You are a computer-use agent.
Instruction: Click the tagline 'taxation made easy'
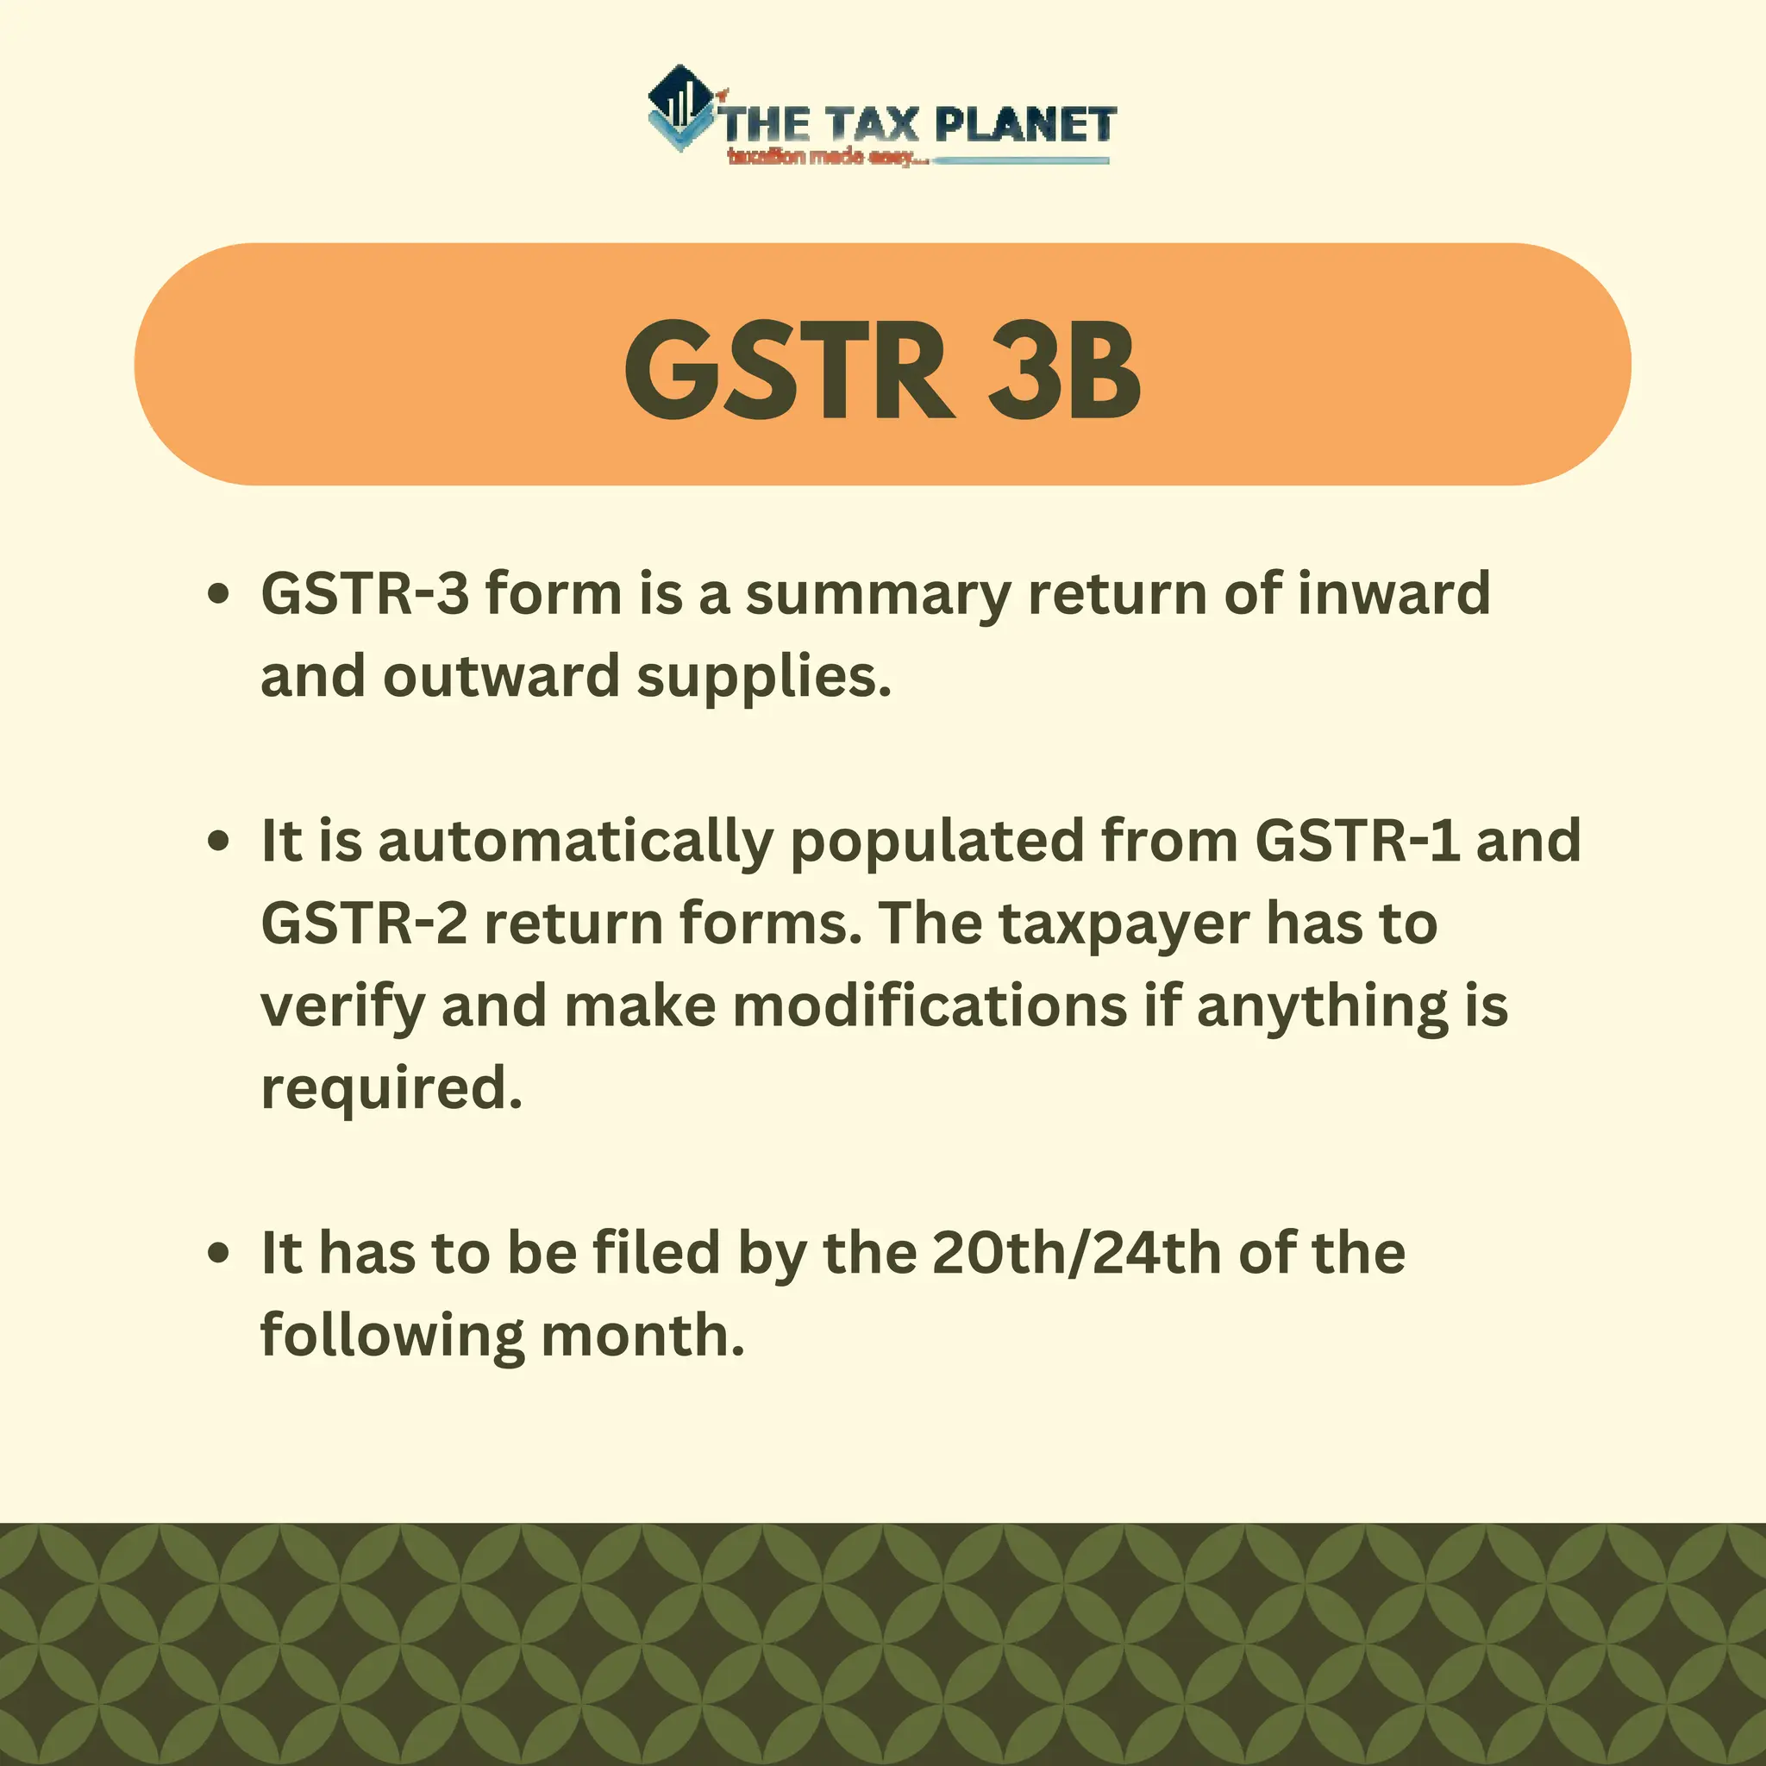(826, 157)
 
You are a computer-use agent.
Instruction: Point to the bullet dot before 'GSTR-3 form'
(217, 595)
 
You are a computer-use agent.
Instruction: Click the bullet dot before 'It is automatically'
(217, 841)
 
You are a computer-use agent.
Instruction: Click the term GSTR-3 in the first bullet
(365, 593)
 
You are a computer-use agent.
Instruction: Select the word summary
(878, 595)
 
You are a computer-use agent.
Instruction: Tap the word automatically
(575, 842)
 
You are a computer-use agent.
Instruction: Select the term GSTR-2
(365, 924)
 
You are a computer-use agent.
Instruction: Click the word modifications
(930, 1005)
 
